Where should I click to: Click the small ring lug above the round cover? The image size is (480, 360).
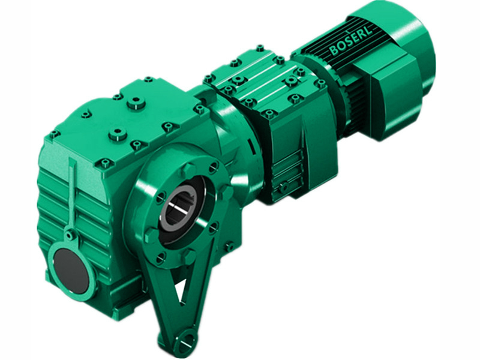[x=71, y=235]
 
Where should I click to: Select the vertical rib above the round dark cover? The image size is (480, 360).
[x=72, y=198]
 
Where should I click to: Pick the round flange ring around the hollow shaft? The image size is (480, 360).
[x=180, y=207]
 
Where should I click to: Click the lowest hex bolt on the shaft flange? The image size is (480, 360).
[x=161, y=259]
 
